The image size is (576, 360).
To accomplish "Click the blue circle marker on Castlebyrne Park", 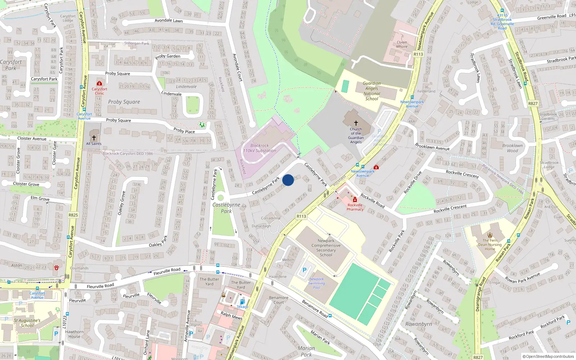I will click(288, 180).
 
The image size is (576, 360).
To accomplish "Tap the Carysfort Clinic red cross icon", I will click(99, 84).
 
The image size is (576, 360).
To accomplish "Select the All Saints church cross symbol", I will click(94, 138).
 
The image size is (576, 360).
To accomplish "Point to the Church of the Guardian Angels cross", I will click(356, 123).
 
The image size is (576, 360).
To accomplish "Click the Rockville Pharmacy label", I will click(355, 207).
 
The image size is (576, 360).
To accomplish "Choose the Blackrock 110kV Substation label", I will click(260, 148).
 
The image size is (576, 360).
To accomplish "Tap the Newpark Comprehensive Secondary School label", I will click(326, 248).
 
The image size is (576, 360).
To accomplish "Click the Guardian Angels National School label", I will click(372, 91).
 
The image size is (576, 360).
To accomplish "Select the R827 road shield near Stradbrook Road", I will click(533, 104).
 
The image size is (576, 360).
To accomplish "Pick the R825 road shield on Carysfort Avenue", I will click(73, 215).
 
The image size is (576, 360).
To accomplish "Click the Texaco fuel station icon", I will click(242, 302).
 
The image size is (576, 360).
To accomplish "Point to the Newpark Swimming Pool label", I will click(316, 283).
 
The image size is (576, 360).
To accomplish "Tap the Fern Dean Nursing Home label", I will click(490, 244).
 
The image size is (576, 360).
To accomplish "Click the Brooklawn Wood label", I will click(512, 148).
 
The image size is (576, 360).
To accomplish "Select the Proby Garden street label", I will click(168, 57).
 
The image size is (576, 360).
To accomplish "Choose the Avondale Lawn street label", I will click(168, 21).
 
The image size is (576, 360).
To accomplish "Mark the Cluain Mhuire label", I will click(402, 44).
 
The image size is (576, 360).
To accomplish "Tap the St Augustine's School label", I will click(27, 323).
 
